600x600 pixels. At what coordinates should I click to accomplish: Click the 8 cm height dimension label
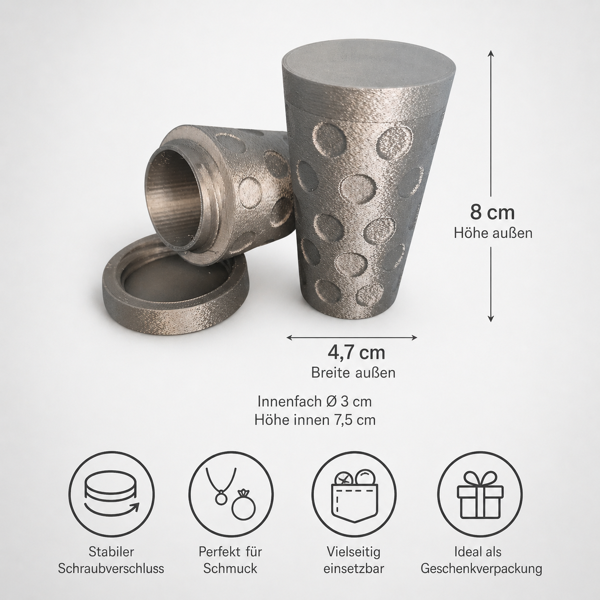coord(492,212)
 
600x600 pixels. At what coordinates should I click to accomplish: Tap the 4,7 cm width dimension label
coord(356,353)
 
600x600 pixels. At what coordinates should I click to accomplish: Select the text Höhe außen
coord(493,233)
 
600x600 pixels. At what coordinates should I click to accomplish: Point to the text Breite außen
coord(353,373)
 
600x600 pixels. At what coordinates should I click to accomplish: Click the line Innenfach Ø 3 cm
coord(314,401)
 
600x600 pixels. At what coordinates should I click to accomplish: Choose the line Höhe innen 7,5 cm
coord(315,421)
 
